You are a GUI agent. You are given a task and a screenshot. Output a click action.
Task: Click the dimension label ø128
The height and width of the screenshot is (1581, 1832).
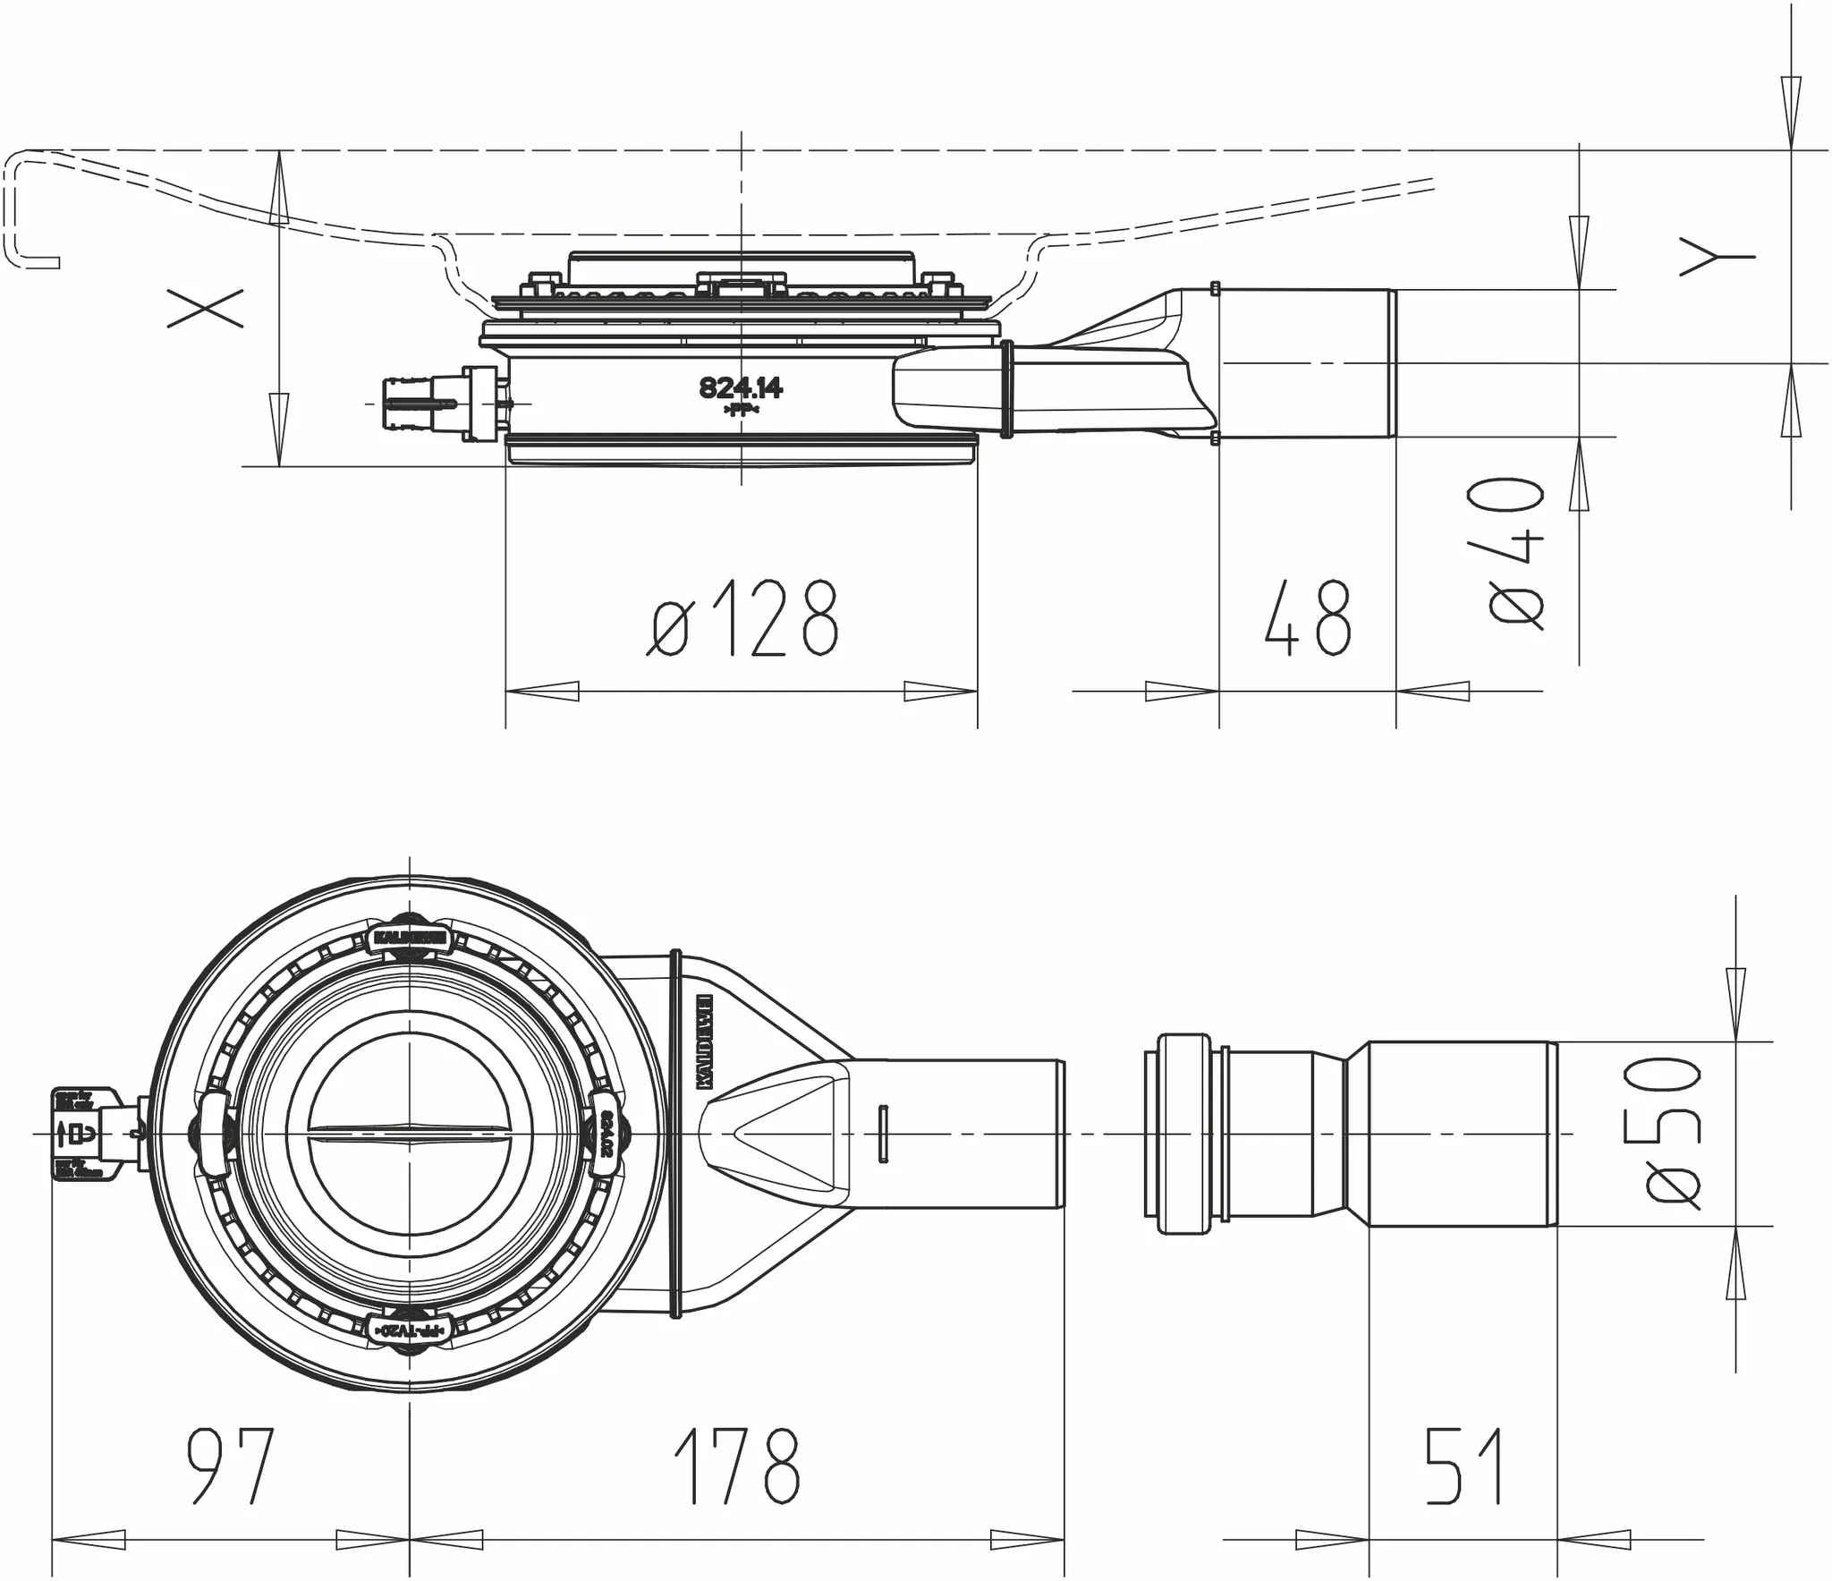742,618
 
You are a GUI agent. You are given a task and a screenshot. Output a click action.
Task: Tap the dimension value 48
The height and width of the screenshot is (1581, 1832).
1307,618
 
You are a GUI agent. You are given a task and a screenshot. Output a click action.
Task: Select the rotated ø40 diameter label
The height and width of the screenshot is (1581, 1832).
1517,552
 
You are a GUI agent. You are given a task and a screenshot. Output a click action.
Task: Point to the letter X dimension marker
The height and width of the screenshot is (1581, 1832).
205,308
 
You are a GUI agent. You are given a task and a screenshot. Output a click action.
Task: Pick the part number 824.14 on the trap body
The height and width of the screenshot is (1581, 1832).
740,388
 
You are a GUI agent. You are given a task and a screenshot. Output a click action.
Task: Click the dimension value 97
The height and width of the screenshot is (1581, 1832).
229,1466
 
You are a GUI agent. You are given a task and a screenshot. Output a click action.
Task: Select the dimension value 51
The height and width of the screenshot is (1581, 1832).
1463,1466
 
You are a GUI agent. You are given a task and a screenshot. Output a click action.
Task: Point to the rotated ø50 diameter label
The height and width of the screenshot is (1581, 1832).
1672,1132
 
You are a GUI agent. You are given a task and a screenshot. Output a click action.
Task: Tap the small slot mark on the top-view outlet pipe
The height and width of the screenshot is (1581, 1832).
884,1134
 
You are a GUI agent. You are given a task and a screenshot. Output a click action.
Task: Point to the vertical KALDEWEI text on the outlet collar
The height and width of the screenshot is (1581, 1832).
704,1041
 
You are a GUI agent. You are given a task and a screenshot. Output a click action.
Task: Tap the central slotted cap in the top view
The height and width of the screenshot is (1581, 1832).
411,1134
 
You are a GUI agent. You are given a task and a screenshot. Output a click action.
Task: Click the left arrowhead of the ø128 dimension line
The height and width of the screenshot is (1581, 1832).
542,692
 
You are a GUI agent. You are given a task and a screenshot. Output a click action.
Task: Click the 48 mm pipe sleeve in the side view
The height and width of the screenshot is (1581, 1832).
1306,363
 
